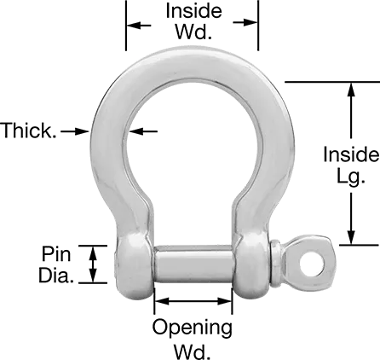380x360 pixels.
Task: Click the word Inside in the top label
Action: [x=193, y=12]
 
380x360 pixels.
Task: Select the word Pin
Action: [x=56, y=254]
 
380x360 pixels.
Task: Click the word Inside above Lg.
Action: [x=349, y=154]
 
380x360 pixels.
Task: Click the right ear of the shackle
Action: [x=253, y=261]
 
